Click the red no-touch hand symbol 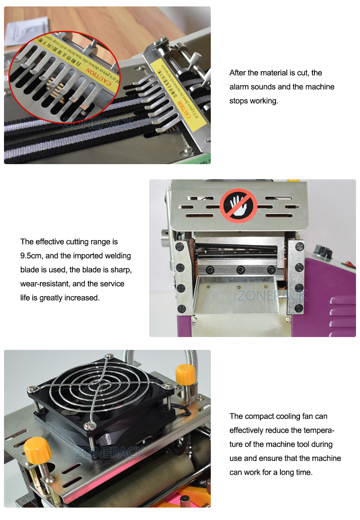[x=238, y=206]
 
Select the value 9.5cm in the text [x=32, y=256]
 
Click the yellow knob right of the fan [x=186, y=374]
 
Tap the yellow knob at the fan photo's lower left [x=38, y=450]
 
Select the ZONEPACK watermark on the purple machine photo [x=272, y=296]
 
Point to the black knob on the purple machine [x=323, y=252]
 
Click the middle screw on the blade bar [x=240, y=269]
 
